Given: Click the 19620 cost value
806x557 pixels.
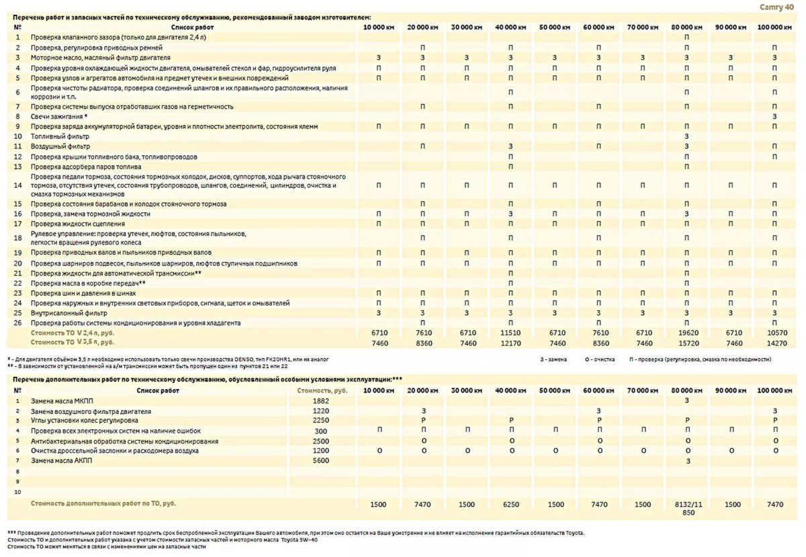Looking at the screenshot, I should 686,333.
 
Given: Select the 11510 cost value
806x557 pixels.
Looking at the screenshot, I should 510,333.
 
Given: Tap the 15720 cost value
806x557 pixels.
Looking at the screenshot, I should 686,342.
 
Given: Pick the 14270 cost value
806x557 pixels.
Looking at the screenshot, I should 774,342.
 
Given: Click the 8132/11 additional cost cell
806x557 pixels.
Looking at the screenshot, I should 686,504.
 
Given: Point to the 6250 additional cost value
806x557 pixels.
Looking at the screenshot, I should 510,504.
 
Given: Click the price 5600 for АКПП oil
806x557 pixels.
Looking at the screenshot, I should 320,461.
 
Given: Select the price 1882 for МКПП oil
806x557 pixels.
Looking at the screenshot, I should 320,400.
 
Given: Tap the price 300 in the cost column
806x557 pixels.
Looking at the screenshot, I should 320,431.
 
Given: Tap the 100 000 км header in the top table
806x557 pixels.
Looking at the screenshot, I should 774,27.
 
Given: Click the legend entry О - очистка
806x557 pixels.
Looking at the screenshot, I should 599,359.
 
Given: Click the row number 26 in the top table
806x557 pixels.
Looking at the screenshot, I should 18,323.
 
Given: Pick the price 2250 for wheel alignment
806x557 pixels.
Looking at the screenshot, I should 320,421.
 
